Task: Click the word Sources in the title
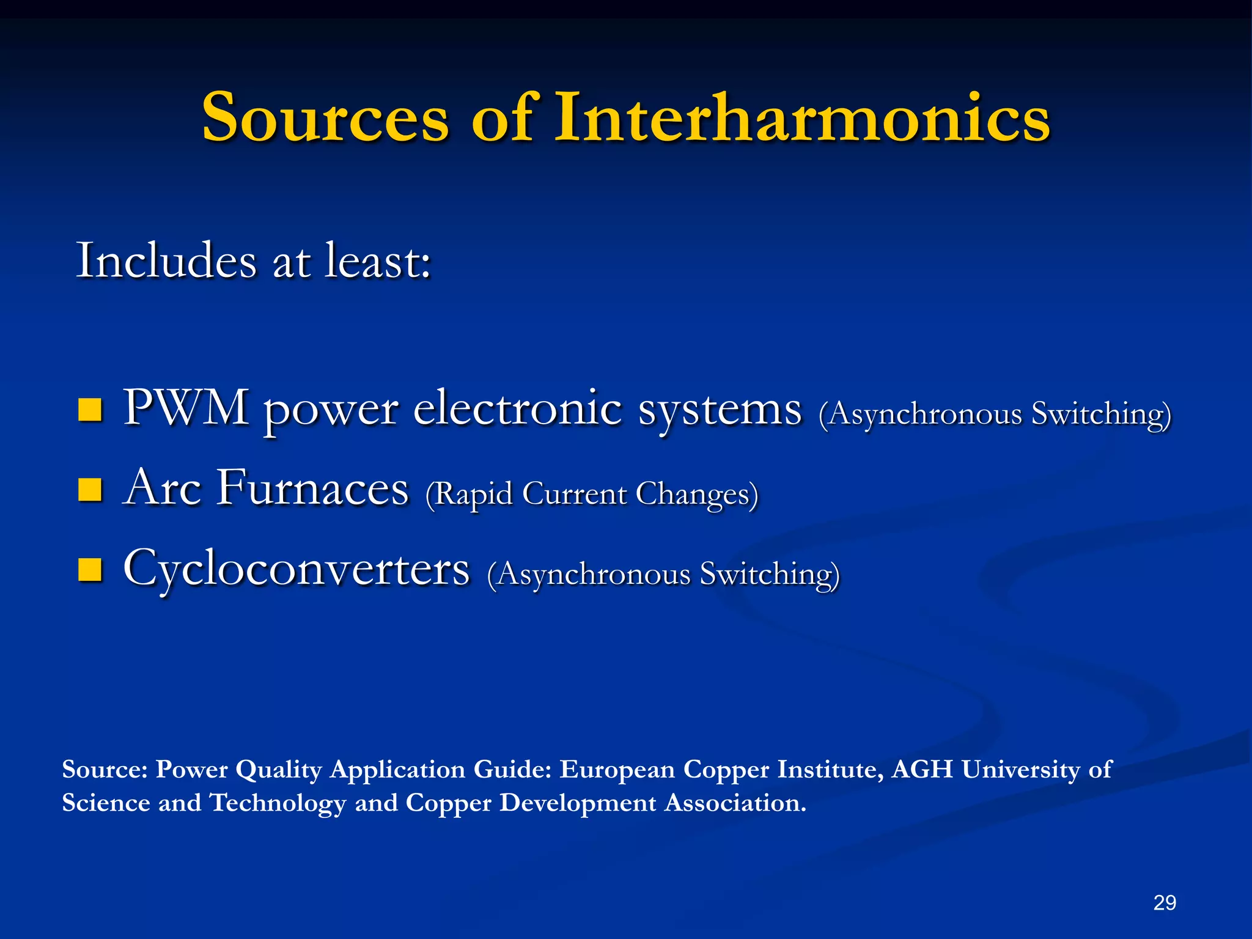point(325,117)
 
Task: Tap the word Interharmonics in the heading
point(802,117)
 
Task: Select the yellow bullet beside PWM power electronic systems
point(90,410)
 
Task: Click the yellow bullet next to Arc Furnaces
point(90,490)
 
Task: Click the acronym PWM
point(186,407)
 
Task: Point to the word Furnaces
point(312,488)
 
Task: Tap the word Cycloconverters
point(296,569)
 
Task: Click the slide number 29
point(1164,902)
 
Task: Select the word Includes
point(166,261)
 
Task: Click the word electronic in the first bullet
point(517,408)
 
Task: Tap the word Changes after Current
point(697,494)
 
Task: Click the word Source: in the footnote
point(105,769)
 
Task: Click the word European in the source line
point(617,769)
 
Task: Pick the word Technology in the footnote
point(278,803)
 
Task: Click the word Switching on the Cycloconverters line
point(770,575)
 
